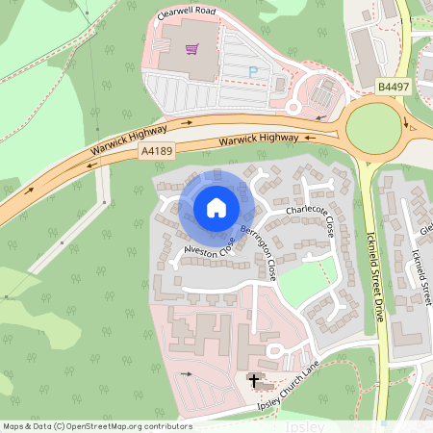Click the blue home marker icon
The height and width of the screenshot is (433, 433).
(216, 208)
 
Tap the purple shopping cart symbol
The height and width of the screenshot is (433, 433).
(191, 48)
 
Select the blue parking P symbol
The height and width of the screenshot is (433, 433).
(254, 71)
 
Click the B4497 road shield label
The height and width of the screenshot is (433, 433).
(392, 87)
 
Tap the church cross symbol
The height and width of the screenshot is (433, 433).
(254, 381)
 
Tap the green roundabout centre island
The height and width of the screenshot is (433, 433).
(371, 126)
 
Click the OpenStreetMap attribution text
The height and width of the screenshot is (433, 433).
(96, 425)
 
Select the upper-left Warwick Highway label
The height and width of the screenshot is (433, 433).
(130, 137)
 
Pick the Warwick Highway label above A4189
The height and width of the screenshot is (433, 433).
(258, 140)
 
